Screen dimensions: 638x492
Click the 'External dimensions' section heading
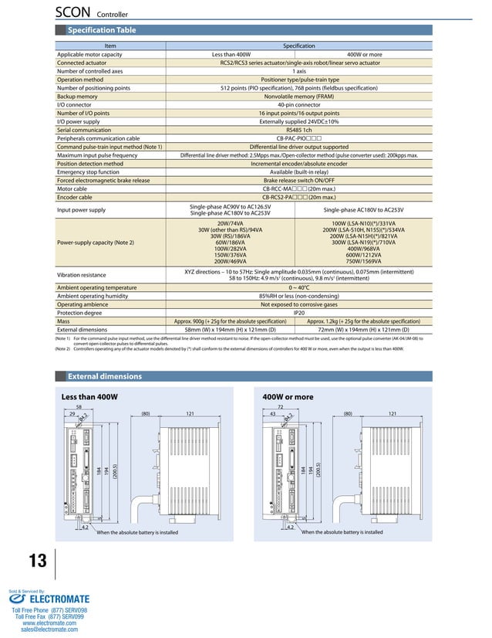tap(105, 376)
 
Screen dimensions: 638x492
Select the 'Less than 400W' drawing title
tap(89, 397)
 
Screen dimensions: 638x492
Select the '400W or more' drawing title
tap(288, 397)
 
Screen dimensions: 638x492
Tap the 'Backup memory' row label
tap(77, 97)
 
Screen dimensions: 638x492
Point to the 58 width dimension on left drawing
tap(79, 407)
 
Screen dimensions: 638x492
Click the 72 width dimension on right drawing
tap(280, 407)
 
